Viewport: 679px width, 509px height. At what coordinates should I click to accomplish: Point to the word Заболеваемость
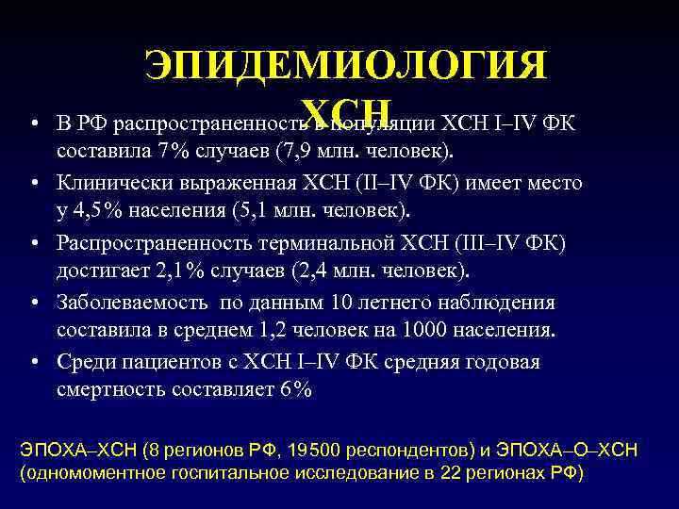click(x=133, y=302)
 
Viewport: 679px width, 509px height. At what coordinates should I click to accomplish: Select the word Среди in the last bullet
click(x=83, y=361)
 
